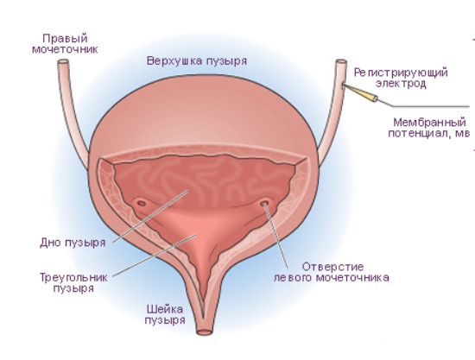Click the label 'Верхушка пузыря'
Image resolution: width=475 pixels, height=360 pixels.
tap(197, 61)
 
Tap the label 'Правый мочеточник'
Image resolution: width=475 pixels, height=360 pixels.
tap(65, 44)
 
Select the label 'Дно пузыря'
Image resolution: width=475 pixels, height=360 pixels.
tap(73, 243)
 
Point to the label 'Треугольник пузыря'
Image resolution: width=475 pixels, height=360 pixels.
tap(73, 282)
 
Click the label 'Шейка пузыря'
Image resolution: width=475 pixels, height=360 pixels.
tap(165, 315)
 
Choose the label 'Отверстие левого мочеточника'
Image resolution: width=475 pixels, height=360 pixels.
tap(332, 272)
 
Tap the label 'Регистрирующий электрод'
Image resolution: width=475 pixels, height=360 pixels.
tap(401, 78)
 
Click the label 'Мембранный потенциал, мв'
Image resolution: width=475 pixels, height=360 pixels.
tap(429, 128)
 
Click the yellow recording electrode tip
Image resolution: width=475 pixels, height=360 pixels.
tap(360, 92)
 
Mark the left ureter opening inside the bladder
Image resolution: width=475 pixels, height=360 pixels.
tap(265, 202)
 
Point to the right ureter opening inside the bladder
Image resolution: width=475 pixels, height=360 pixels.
tap(142, 203)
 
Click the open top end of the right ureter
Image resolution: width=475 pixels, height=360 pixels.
tap(63, 62)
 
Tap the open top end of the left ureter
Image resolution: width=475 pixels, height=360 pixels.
tap(341, 62)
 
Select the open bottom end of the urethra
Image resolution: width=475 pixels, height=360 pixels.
tap(204, 332)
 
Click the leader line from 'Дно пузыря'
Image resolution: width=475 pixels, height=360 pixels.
tap(150, 217)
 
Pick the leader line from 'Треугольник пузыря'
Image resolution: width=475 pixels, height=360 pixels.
tap(155, 256)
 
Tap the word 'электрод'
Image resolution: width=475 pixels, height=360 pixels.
tap(401, 84)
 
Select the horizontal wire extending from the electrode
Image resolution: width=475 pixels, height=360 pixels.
tap(431, 106)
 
